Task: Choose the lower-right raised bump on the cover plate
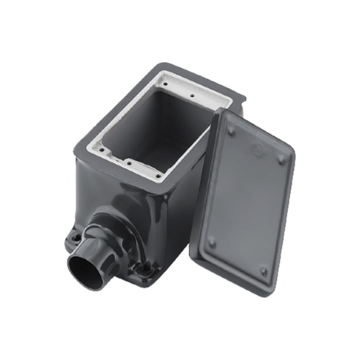point(264,271)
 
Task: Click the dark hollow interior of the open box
point(160,130)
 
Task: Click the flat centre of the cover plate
point(247,203)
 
